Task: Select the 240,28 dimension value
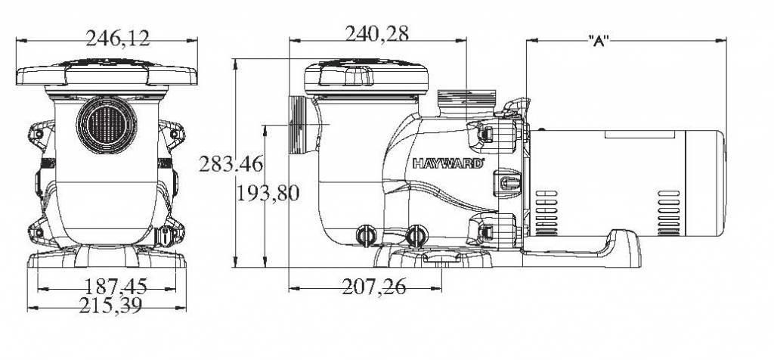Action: click(x=377, y=34)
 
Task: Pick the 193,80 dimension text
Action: click(x=268, y=193)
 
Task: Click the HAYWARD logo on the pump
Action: click(x=447, y=163)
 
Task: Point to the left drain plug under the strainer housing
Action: click(x=367, y=235)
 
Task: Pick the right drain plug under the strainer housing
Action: click(x=415, y=235)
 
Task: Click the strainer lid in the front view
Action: click(x=106, y=73)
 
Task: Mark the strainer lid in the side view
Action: click(x=366, y=76)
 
